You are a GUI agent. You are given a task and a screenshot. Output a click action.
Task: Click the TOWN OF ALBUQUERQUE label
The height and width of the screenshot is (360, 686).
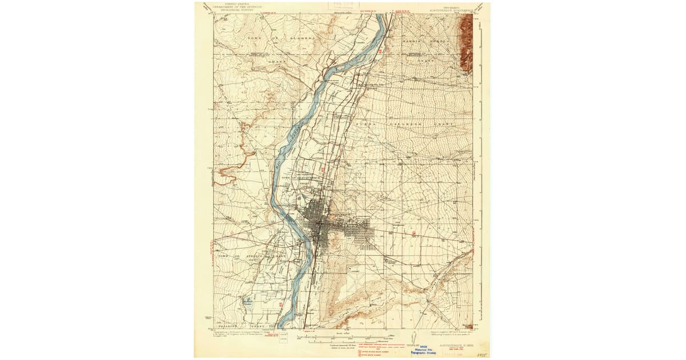(x=300, y=178)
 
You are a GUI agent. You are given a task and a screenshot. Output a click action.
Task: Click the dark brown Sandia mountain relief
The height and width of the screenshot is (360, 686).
(x=466, y=43)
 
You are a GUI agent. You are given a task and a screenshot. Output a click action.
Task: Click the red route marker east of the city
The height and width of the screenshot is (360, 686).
(x=414, y=233)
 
